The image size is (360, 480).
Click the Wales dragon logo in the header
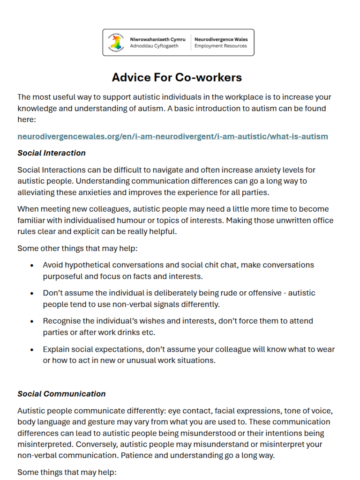115,42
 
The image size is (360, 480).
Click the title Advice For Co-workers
177,77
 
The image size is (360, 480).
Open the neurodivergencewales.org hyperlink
172,136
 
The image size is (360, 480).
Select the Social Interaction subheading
52,153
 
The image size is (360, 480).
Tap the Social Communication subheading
61,394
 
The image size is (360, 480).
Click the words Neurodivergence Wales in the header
221,39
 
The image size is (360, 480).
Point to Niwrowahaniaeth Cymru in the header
158,39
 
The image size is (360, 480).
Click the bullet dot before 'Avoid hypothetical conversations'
31,265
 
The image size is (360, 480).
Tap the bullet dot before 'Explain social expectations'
31,349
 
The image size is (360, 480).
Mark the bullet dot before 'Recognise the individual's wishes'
31,321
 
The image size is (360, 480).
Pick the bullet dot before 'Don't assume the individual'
31,293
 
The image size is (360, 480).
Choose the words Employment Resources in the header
220,46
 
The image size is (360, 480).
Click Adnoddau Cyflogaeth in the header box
154,46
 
